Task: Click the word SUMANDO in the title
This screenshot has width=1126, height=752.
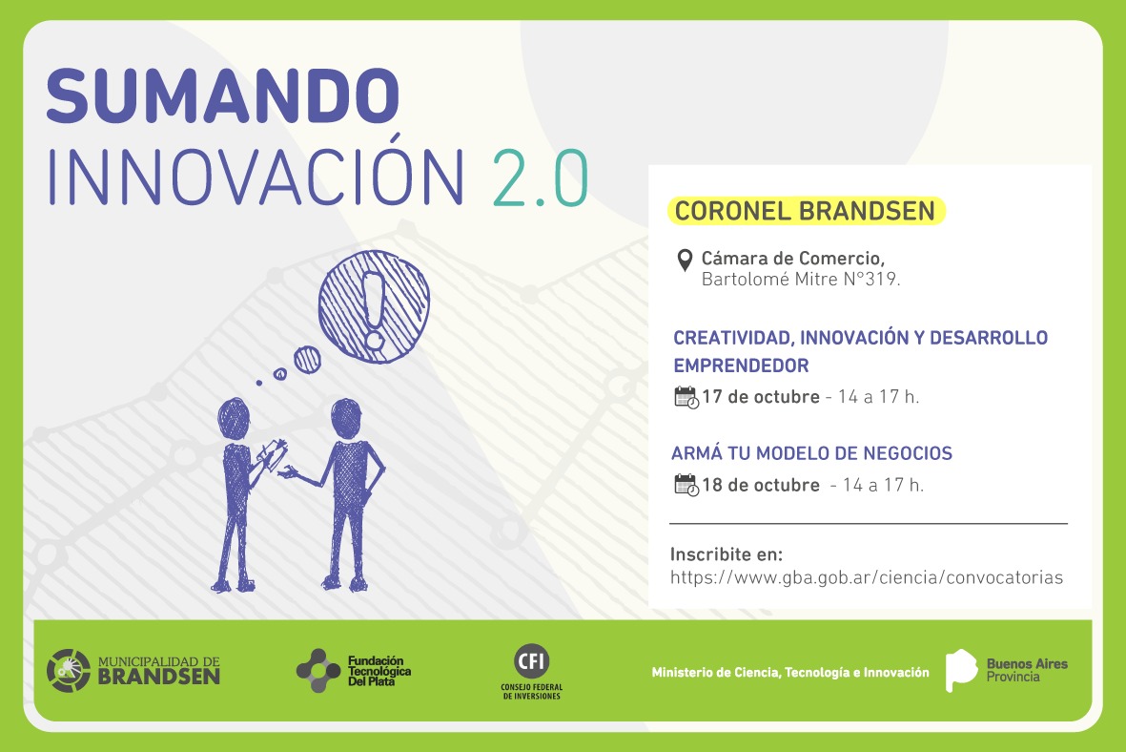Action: point(222,95)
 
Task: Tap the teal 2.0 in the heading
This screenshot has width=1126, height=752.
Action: point(541,178)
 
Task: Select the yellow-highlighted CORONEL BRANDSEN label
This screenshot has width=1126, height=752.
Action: point(806,211)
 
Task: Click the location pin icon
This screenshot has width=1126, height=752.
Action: point(686,261)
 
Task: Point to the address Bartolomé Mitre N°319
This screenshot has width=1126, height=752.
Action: point(801,279)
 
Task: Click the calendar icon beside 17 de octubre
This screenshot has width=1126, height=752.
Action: point(686,398)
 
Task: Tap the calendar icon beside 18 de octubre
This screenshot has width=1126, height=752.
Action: point(686,486)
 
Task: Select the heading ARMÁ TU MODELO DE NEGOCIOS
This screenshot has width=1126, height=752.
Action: point(811,453)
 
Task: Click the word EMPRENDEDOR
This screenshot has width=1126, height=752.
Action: point(741,366)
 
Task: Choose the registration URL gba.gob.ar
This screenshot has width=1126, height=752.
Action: point(866,577)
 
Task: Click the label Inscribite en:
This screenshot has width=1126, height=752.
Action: point(726,554)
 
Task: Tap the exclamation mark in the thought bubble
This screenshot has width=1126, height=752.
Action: point(374,309)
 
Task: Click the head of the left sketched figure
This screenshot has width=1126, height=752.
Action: point(234,418)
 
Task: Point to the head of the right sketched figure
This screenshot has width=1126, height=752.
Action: point(346,418)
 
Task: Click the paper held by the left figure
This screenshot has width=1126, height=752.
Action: point(272,454)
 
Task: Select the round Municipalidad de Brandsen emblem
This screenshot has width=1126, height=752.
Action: point(69,671)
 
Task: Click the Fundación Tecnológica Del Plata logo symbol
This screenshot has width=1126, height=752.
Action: point(318,671)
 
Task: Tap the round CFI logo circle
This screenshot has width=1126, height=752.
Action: point(532,660)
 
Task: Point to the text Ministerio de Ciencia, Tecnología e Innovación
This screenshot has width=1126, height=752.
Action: point(790,672)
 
